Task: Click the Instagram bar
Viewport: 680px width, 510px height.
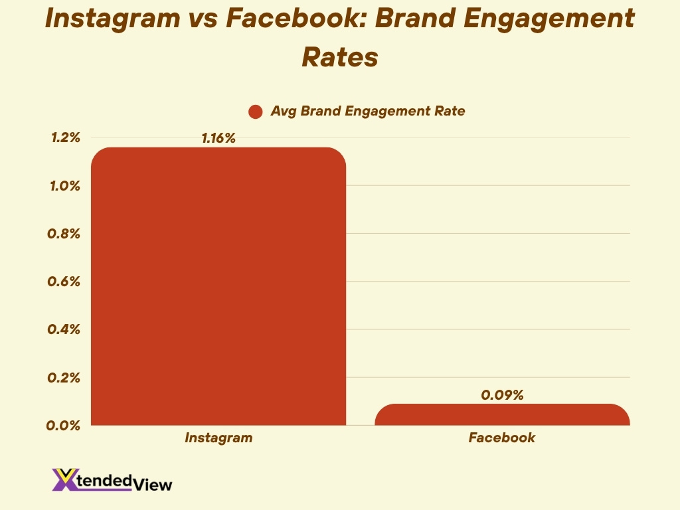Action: tap(218, 286)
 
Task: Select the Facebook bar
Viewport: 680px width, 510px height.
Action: tap(502, 414)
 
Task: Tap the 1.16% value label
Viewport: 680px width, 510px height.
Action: tap(218, 138)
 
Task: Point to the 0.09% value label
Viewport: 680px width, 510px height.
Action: tap(502, 394)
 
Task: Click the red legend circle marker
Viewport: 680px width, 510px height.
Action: tap(256, 112)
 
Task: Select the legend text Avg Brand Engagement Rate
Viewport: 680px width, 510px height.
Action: tap(367, 111)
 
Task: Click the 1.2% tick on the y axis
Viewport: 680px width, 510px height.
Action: tap(65, 138)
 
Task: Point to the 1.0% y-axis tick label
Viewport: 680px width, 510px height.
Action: tap(65, 186)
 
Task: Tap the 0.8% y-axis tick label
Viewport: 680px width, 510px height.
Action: tap(65, 234)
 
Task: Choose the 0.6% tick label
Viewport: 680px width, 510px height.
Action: tap(65, 282)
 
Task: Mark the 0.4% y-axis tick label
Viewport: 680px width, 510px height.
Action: tap(65, 329)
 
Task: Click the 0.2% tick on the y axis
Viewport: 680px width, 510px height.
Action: tap(65, 377)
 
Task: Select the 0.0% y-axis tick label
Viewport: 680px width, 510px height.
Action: tap(65, 425)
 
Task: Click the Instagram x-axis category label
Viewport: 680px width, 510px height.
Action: tap(218, 438)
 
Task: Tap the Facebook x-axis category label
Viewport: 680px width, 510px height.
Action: tap(502, 438)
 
